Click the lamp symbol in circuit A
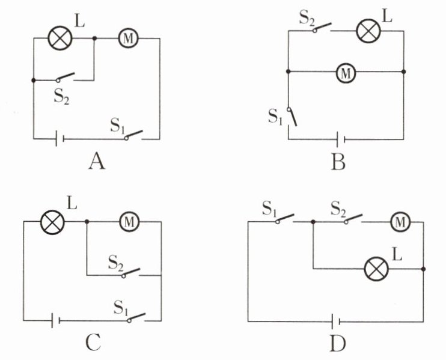pos(60,38)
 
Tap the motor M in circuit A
pos(128,38)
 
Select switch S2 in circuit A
pos(66,78)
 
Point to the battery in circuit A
pos(60,139)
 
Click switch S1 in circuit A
pos(133,135)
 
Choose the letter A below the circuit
pos(97,161)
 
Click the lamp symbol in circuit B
pos(368,31)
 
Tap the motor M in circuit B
pos(346,73)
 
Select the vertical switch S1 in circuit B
pos(292,117)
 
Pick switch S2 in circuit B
pos(322,28)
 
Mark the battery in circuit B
pos(341,139)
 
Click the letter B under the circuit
pos(338,162)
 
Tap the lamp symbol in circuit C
pos(52,222)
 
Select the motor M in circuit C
pos(129,222)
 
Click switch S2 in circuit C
pos(131,273)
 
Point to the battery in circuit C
pos(55,320)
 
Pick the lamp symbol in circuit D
pos(376,269)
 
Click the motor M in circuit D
pos(400,222)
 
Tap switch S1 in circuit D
pos(285,219)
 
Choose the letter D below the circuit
pos(338,343)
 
